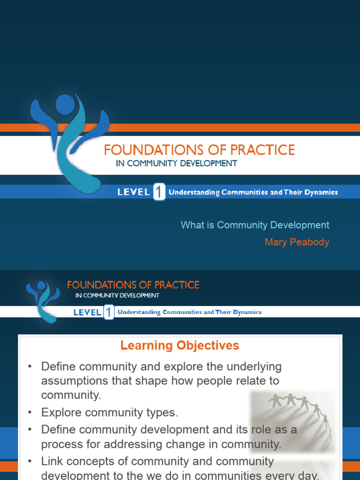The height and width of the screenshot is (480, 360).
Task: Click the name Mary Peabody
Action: coord(297,242)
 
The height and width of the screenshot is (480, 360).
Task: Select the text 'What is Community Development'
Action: coord(255,225)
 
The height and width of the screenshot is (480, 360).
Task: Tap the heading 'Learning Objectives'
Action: coord(180,346)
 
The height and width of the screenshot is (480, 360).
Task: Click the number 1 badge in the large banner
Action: coord(159,192)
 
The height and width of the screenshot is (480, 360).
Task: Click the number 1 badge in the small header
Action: coord(108,313)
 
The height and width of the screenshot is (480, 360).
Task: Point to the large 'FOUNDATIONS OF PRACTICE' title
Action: coord(199,150)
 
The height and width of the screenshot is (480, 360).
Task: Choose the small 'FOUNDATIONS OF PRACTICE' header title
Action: coord(133,285)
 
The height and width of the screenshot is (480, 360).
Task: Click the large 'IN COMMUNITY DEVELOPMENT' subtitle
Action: coord(176,164)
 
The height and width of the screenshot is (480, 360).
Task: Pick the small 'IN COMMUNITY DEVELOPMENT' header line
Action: coord(117,295)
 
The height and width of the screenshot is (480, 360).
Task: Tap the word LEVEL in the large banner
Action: coord(134,192)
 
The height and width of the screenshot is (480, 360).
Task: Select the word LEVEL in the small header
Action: coord(87,313)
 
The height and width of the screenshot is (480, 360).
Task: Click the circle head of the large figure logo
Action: coord(65,104)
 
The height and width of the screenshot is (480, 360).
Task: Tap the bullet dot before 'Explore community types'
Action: coord(30,412)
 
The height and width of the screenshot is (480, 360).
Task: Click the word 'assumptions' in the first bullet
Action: coord(70,380)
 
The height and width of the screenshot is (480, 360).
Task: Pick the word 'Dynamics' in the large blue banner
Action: coord(321,192)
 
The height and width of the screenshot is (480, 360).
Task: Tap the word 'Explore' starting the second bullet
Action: coord(60,412)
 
